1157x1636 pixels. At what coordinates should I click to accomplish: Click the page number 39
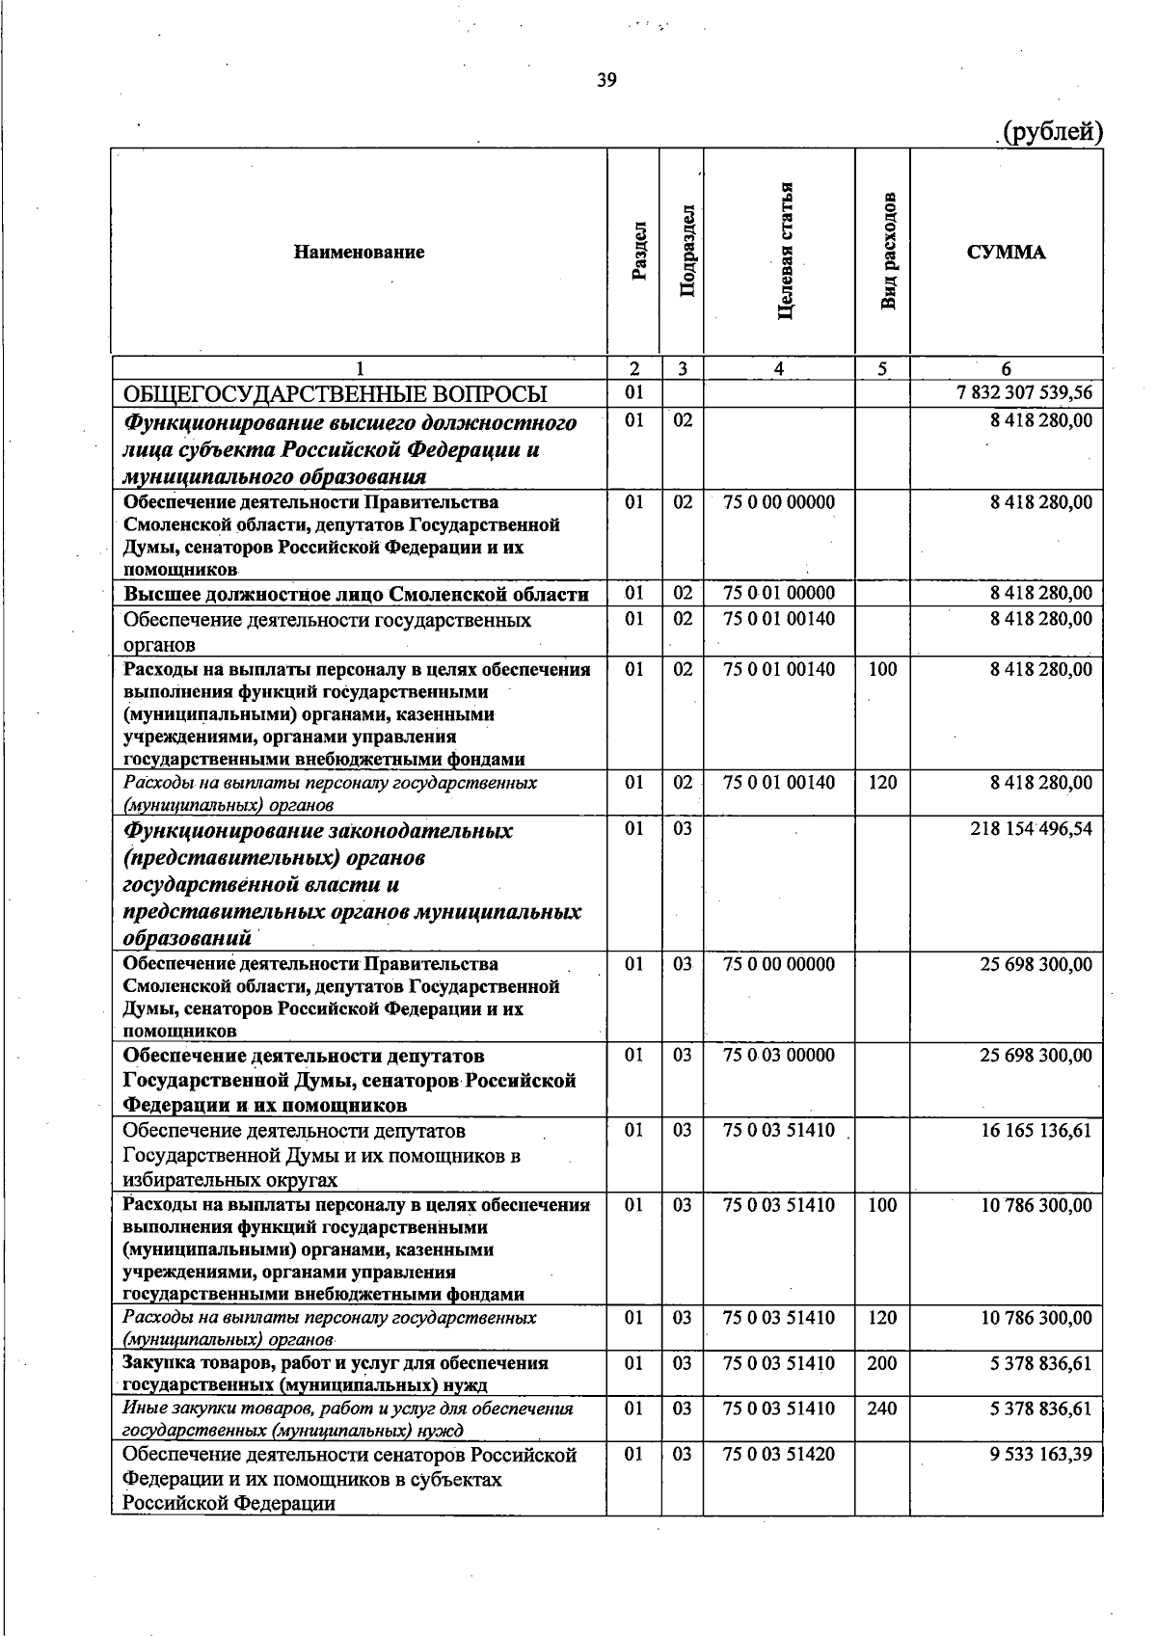click(x=606, y=80)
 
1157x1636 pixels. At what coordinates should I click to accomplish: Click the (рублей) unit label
click(x=1052, y=131)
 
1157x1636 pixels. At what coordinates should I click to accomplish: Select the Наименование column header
click(x=359, y=253)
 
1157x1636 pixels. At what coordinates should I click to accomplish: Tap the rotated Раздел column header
click(x=637, y=253)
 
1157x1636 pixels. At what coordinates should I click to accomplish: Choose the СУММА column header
click(x=1006, y=253)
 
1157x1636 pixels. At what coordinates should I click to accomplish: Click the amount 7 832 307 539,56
click(x=1024, y=393)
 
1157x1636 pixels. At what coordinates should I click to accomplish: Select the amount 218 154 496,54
click(x=1031, y=828)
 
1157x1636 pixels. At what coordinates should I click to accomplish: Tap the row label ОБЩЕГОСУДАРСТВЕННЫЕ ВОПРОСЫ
click(x=335, y=394)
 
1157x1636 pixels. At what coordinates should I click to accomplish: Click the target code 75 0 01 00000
click(x=779, y=593)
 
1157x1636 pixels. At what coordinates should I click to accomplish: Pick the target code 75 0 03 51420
click(x=779, y=1454)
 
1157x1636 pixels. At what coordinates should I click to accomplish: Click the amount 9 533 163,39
click(x=1040, y=1454)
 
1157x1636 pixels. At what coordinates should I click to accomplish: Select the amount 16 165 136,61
click(x=1036, y=1130)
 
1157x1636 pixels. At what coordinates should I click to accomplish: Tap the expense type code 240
click(x=882, y=1408)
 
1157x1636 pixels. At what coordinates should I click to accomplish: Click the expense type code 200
click(x=882, y=1363)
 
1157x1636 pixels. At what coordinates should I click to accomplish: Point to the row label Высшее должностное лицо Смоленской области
click(x=356, y=594)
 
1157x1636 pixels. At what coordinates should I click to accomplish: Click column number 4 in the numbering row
click(x=778, y=368)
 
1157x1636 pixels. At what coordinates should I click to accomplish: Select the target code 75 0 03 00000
click(x=779, y=1056)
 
